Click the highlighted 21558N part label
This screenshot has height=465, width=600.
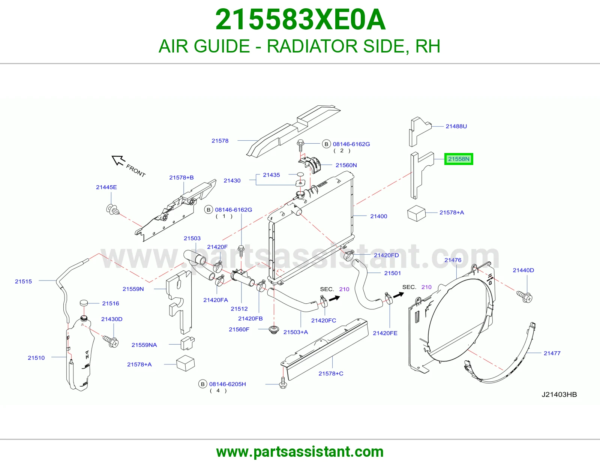pos(458,159)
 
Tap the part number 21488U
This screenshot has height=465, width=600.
pos(456,126)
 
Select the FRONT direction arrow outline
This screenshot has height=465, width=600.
pos(118,160)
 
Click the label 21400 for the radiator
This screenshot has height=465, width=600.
pos(378,216)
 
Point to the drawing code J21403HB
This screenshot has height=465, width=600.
pos(559,394)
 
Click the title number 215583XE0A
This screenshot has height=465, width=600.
pos(300,19)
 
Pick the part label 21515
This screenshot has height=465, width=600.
pos(24,281)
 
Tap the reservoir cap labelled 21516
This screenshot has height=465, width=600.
pos(84,303)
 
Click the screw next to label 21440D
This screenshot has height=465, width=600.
pos(524,297)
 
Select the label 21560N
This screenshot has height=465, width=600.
pos(346,165)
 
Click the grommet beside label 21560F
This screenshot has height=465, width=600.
pos(274,330)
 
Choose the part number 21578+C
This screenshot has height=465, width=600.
pos(331,373)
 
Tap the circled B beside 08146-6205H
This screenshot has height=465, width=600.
pos(202,384)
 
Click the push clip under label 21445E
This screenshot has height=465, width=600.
pos(112,210)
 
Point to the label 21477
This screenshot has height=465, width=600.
pos(552,353)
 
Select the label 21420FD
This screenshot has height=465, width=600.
pos(386,255)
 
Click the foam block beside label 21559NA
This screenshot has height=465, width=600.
pos(187,343)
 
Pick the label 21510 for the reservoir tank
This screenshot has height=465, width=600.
pos(36,358)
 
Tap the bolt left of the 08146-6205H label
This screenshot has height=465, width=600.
pos(283,383)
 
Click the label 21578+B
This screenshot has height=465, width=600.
pos(181,177)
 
